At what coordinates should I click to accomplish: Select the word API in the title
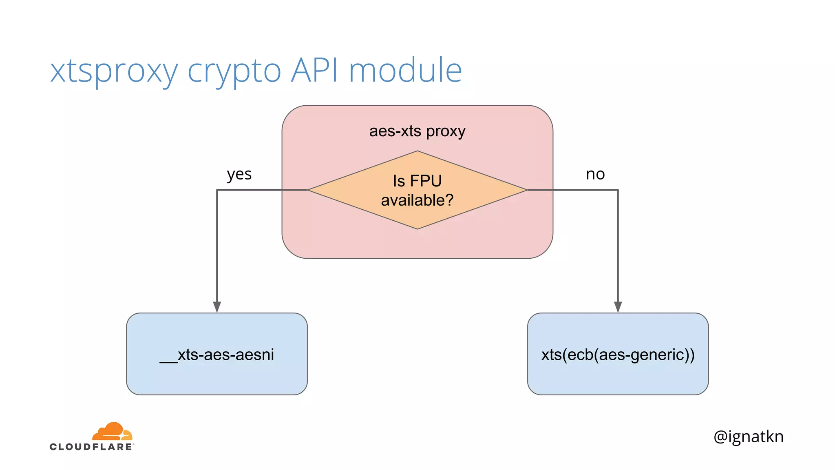click(x=314, y=70)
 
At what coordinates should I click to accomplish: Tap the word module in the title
click(x=405, y=70)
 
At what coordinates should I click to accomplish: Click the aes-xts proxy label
click(x=417, y=131)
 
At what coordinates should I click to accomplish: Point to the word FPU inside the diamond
click(x=426, y=181)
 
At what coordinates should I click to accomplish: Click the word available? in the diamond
click(x=417, y=200)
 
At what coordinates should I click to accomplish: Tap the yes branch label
click(x=239, y=175)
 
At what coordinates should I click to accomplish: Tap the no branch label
click(x=595, y=174)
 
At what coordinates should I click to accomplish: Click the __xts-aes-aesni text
click(x=217, y=355)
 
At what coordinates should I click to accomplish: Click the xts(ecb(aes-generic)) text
click(x=618, y=355)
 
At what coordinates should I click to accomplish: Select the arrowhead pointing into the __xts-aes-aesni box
click(x=217, y=307)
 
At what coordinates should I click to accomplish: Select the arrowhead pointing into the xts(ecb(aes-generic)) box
click(x=618, y=307)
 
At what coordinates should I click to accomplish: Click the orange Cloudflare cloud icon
click(x=113, y=432)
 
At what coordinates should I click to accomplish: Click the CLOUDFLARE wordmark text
click(x=91, y=447)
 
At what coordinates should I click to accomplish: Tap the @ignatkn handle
click(x=748, y=437)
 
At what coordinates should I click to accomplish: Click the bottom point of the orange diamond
click(x=417, y=228)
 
